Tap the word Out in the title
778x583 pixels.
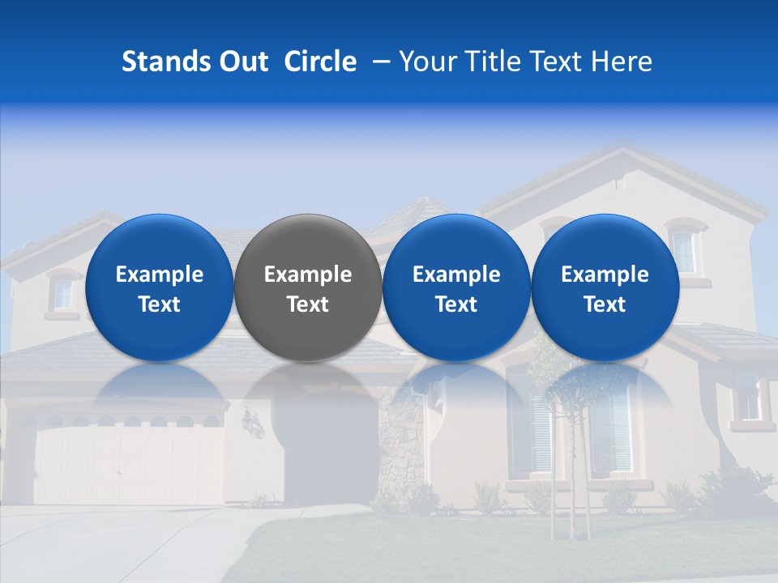click(x=241, y=62)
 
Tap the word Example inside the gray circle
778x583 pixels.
click(x=308, y=274)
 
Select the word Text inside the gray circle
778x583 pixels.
click(x=308, y=304)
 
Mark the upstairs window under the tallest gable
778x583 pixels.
click(x=684, y=252)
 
